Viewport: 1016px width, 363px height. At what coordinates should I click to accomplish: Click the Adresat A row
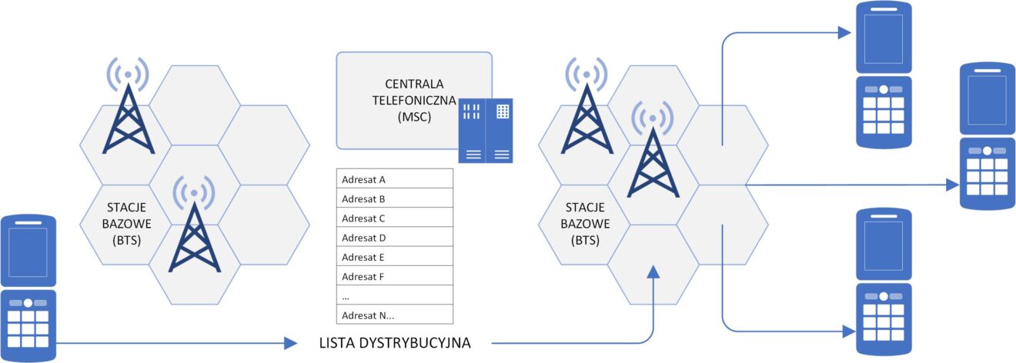pos(395,180)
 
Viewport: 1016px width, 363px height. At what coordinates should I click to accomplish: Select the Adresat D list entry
pos(395,238)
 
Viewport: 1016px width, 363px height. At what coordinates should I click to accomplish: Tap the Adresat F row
pos(395,276)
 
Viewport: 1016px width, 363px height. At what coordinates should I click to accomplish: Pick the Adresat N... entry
pos(395,315)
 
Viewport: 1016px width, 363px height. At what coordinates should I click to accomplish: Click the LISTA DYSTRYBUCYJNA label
pos(394,343)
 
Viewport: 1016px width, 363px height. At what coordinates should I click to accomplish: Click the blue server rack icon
pos(485,131)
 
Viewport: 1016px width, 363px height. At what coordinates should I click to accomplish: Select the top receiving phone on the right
pos(884,74)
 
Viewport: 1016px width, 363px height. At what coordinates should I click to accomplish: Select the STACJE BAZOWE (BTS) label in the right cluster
pos(588,222)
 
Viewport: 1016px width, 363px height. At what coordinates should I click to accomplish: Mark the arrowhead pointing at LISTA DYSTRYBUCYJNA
pos(291,343)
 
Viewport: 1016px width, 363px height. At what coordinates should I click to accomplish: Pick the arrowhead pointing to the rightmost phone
pos(952,185)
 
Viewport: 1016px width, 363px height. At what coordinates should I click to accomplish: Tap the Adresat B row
pos(395,199)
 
